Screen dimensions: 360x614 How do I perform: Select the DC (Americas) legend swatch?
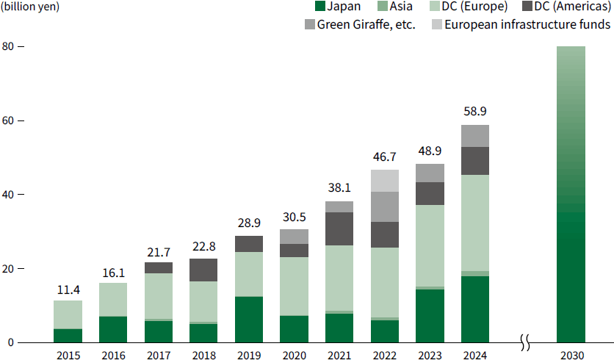[x=529, y=7]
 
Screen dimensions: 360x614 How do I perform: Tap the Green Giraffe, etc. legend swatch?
[x=309, y=25]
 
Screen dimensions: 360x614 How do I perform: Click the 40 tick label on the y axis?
[x=10, y=195]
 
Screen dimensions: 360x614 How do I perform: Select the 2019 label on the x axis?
[x=249, y=356]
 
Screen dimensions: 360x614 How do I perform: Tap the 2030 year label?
[x=571, y=356]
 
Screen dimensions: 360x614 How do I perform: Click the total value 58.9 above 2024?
[x=475, y=112]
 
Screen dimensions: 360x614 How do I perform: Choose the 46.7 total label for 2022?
[x=385, y=156]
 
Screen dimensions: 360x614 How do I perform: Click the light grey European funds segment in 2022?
[x=385, y=181]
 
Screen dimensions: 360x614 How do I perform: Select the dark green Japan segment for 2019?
[x=249, y=320]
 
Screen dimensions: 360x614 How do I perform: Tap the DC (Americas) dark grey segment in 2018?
[x=203, y=270]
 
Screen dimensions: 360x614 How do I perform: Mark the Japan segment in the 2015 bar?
[x=68, y=336]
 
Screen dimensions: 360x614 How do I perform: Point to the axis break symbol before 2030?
[x=526, y=342]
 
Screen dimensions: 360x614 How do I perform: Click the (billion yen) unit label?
[x=30, y=7]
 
